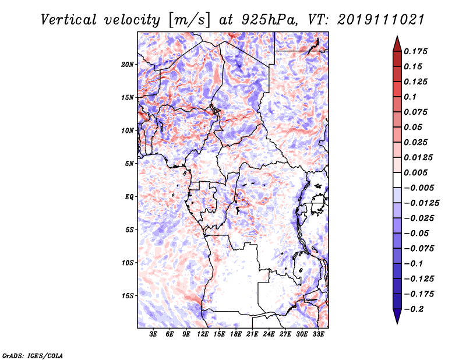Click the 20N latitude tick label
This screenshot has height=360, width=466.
[x=128, y=64]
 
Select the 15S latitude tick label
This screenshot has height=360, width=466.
[x=128, y=296]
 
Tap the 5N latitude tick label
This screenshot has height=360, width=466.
[x=129, y=164]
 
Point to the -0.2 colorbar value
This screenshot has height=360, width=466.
[x=415, y=309]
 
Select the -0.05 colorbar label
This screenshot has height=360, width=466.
[x=417, y=233]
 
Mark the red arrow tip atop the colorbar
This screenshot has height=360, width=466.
[x=397, y=38]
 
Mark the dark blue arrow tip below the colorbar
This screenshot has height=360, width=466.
[x=397, y=322]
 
